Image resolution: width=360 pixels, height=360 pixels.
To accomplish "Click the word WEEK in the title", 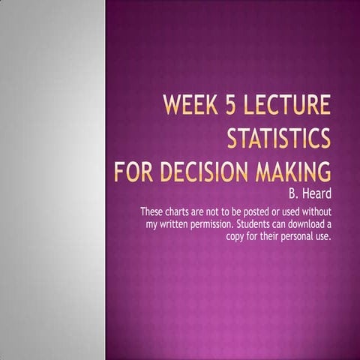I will click(x=192, y=106).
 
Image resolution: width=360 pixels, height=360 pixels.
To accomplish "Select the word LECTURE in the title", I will click(x=289, y=106).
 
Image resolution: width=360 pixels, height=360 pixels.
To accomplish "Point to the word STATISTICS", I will click(x=278, y=139).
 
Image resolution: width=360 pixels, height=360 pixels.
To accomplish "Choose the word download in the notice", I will click(x=308, y=224).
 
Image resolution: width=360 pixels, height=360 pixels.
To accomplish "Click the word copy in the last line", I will click(x=235, y=236).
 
